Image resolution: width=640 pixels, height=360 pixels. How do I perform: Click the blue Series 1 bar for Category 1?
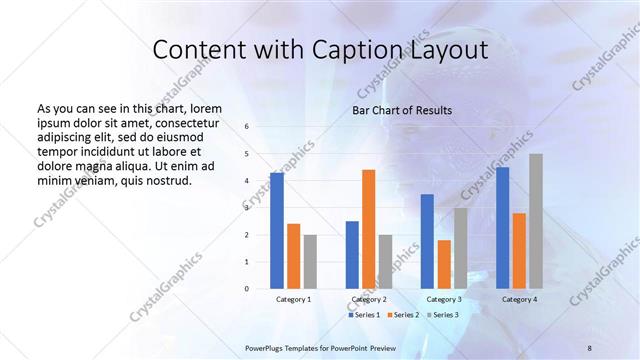tap(276, 231)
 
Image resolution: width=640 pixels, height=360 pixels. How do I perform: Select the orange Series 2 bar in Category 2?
tap(368, 229)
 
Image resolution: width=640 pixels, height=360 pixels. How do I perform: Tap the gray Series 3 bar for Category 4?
tap(536, 221)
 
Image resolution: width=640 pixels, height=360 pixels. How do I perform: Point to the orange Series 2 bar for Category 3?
tap(444, 264)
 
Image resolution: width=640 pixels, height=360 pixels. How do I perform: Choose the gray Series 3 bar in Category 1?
tap(310, 262)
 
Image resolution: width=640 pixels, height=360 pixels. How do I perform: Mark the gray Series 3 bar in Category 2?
tap(385, 262)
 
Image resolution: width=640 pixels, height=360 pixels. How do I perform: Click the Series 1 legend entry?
tap(364, 315)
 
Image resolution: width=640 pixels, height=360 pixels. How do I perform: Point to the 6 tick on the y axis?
tap(247, 127)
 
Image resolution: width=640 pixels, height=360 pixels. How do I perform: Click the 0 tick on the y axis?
tap(247, 289)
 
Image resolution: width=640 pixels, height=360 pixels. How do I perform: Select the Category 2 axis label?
tap(369, 299)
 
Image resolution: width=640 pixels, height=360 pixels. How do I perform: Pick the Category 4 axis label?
tap(519, 299)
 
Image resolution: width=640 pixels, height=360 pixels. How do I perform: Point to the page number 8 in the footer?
tap(590, 347)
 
